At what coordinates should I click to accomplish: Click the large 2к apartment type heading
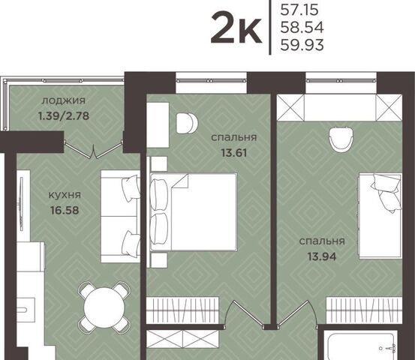236,27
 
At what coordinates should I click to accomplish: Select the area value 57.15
299,10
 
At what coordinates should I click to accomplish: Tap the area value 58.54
302,27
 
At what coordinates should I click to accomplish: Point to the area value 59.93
302,45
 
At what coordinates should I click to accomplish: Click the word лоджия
64,100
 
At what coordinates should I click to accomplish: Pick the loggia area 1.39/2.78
64,115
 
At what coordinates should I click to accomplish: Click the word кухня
65,195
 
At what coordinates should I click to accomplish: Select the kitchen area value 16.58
65,210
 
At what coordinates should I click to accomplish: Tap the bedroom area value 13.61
234,152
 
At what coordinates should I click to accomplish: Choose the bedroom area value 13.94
322,256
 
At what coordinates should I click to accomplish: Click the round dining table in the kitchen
104,307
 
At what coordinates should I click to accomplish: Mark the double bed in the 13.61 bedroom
194,211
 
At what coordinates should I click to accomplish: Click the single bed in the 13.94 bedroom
380,216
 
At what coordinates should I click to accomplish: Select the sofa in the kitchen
120,216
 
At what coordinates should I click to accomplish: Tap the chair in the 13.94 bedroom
341,139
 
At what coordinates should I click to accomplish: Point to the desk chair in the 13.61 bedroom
187,123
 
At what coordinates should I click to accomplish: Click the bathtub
361,346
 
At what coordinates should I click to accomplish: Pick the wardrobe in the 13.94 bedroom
364,310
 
